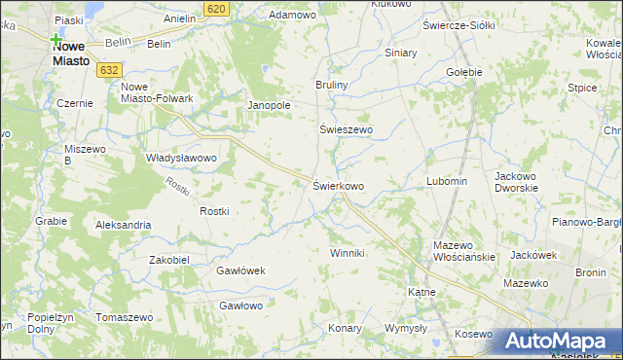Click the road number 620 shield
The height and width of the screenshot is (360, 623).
(x=217, y=8)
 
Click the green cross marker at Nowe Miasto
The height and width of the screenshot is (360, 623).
(x=56, y=40)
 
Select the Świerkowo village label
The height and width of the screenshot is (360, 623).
(x=339, y=185)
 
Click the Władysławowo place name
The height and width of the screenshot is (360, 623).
(x=180, y=157)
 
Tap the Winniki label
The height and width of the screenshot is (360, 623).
(x=347, y=253)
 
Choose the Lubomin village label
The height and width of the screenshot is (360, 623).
(x=447, y=181)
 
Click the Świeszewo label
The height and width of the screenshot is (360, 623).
(x=347, y=128)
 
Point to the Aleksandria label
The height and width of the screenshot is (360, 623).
(x=123, y=225)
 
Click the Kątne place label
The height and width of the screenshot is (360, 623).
(x=421, y=291)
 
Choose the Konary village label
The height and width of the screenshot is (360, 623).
(x=345, y=328)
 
